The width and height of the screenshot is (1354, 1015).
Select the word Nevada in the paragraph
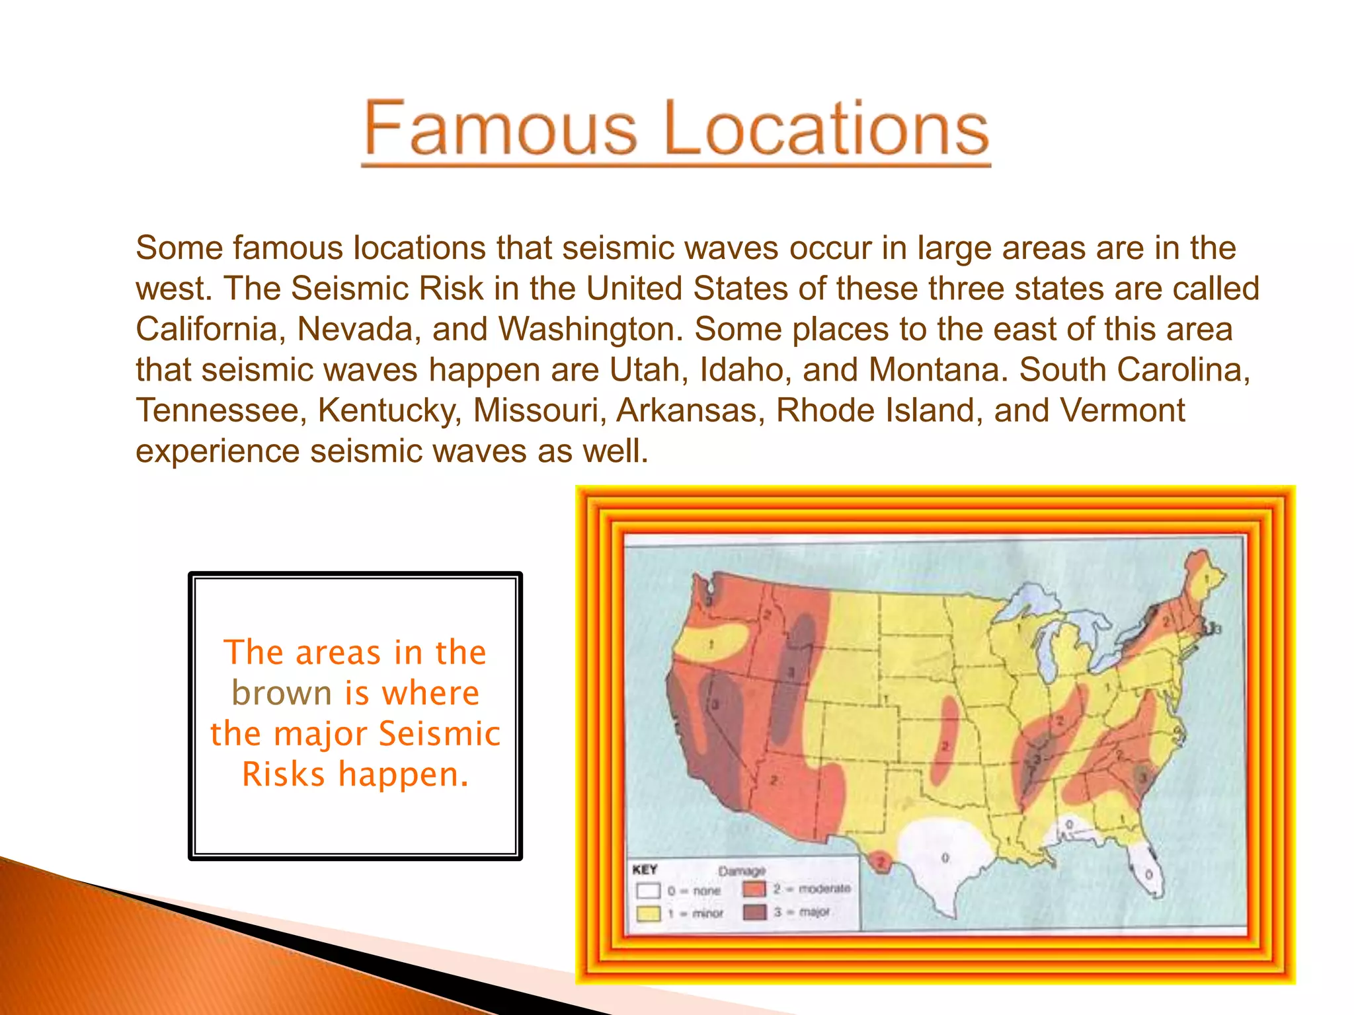[359, 329]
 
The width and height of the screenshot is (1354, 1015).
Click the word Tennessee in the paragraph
[221, 410]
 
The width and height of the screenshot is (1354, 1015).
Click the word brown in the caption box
[282, 693]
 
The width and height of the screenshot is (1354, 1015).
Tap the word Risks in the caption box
[284, 774]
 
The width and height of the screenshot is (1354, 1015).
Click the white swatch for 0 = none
[648, 890]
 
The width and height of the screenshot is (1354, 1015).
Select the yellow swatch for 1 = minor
[648, 913]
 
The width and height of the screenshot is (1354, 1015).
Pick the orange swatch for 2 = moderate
[754, 889]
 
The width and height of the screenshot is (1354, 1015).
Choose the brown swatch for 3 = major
[754, 912]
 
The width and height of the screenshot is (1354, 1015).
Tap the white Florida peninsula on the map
[1147, 869]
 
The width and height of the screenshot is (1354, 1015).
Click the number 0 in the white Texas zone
[945, 858]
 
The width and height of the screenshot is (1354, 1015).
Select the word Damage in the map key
[742, 871]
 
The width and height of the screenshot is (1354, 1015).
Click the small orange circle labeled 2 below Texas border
[881, 862]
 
